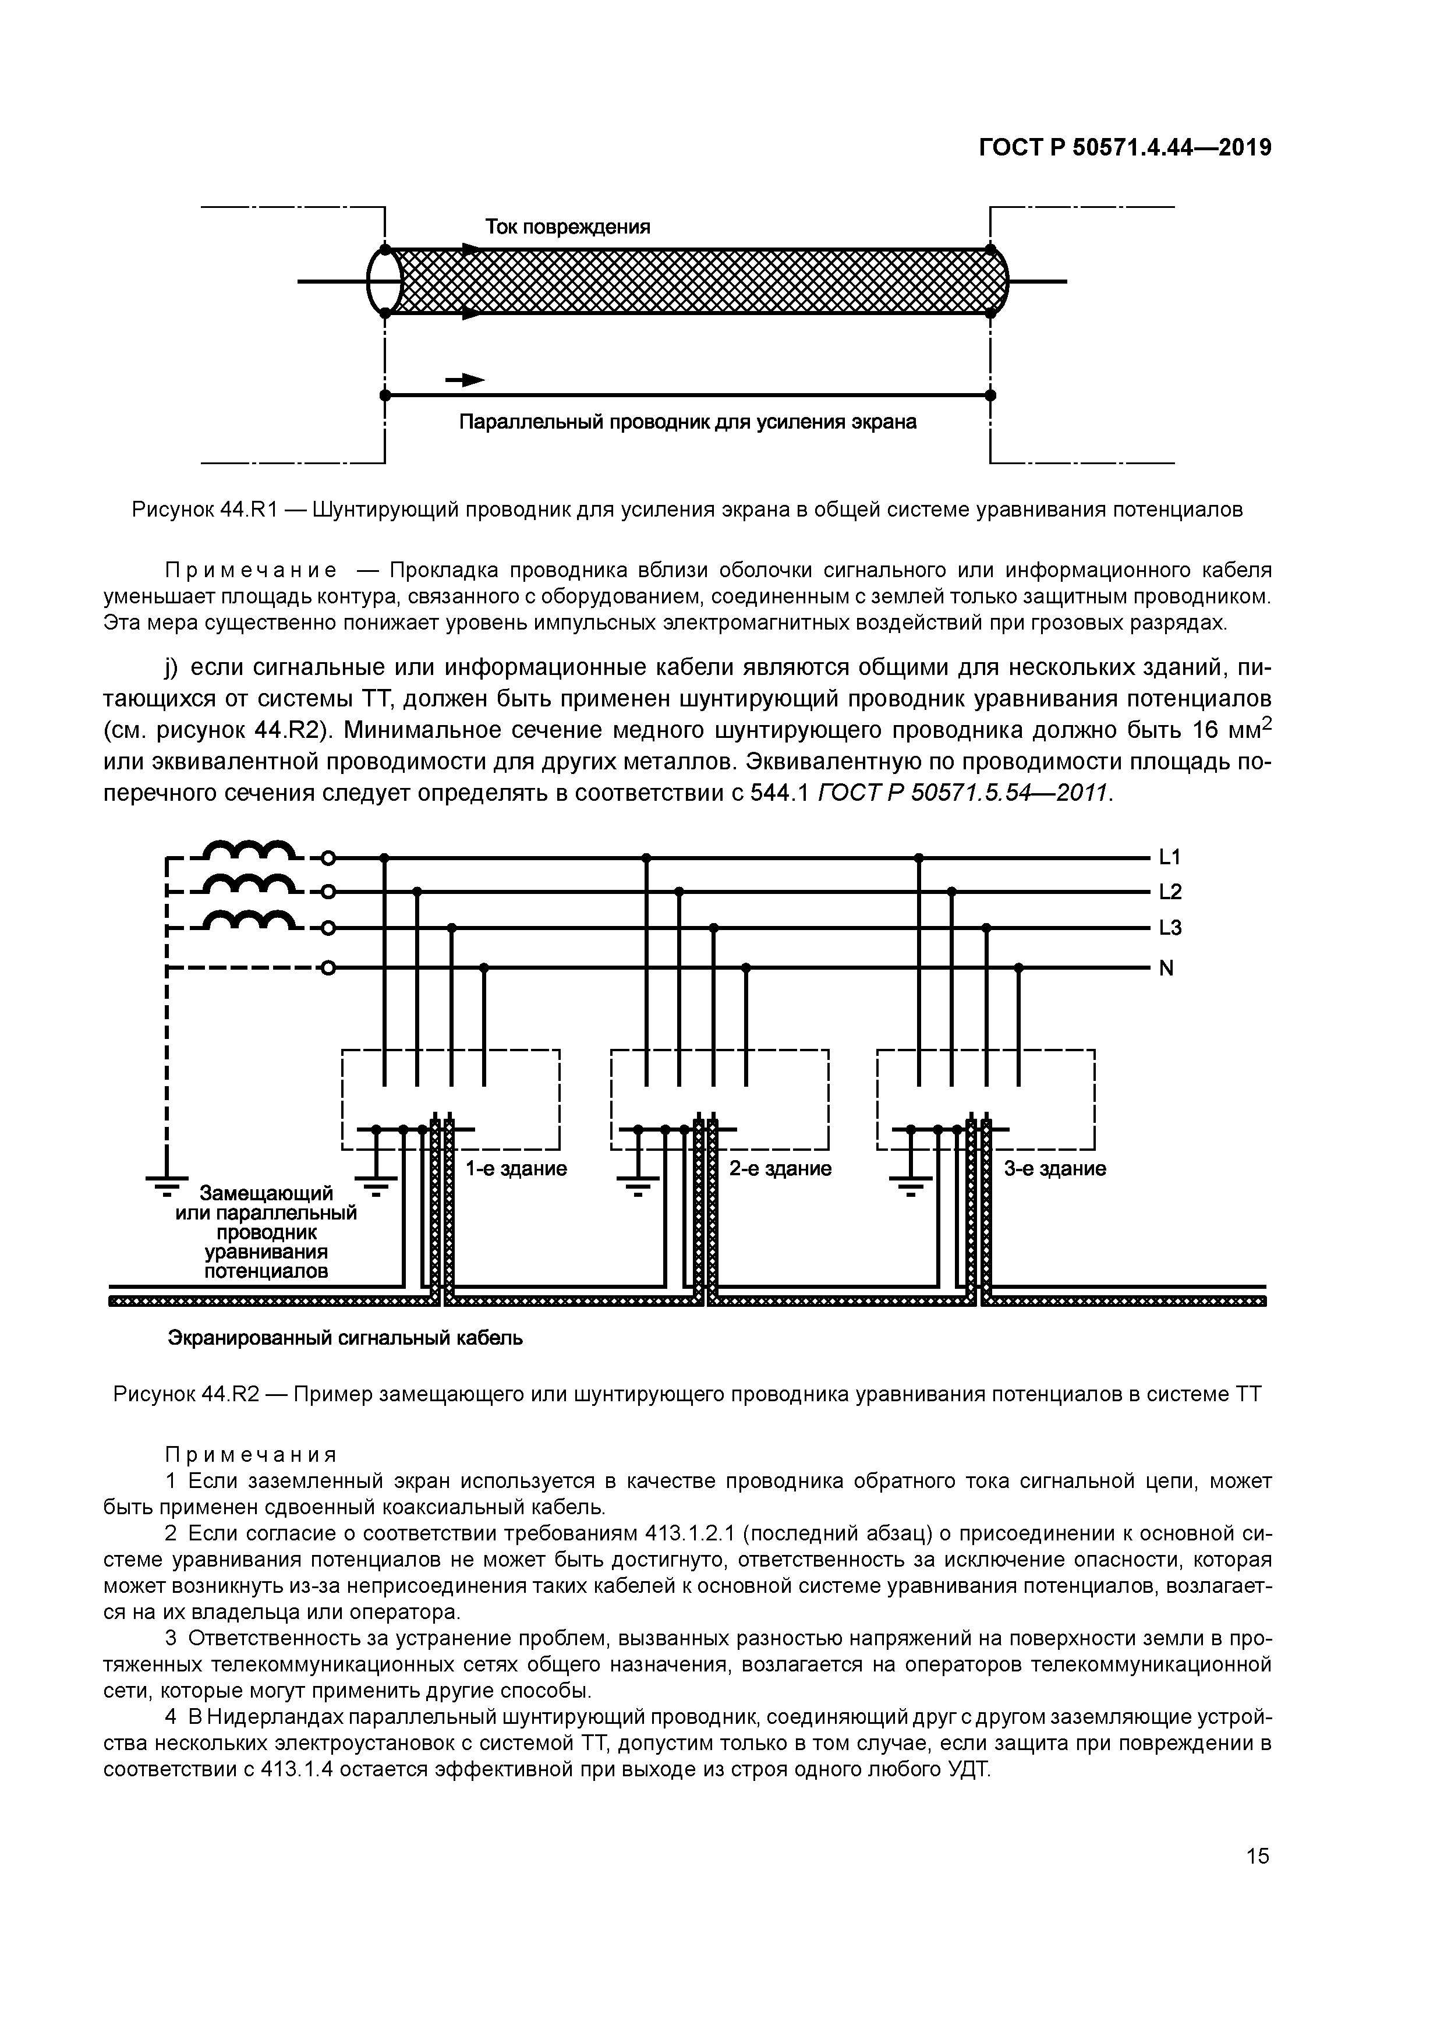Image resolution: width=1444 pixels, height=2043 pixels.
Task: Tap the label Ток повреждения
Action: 568,227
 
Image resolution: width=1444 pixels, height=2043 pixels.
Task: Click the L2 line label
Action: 1169,892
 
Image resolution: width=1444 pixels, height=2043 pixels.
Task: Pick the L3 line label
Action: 1169,928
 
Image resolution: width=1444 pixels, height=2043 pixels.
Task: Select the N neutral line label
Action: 1166,968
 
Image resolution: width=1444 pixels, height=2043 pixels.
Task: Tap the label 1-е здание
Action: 516,1168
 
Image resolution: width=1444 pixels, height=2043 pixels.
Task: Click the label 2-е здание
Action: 780,1168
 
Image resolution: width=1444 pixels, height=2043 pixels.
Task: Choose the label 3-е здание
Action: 1054,1168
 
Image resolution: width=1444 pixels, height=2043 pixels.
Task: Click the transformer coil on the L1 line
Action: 251,851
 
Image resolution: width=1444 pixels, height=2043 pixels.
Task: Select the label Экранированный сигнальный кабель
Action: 345,1338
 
